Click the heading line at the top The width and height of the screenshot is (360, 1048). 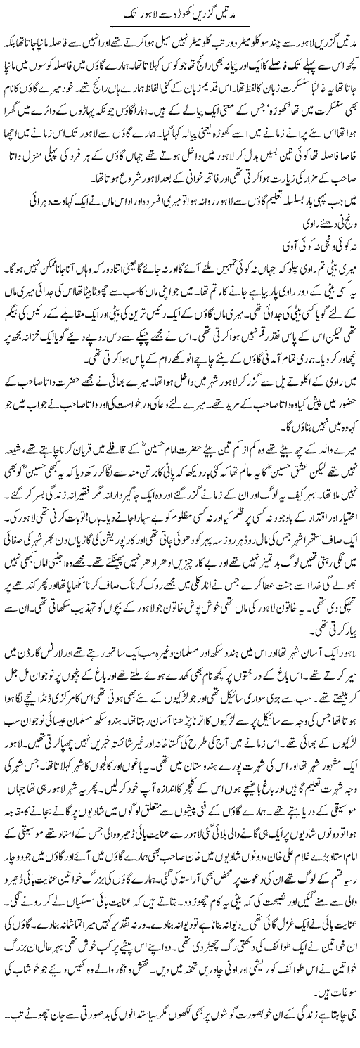pyautogui.click(x=180, y=13)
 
